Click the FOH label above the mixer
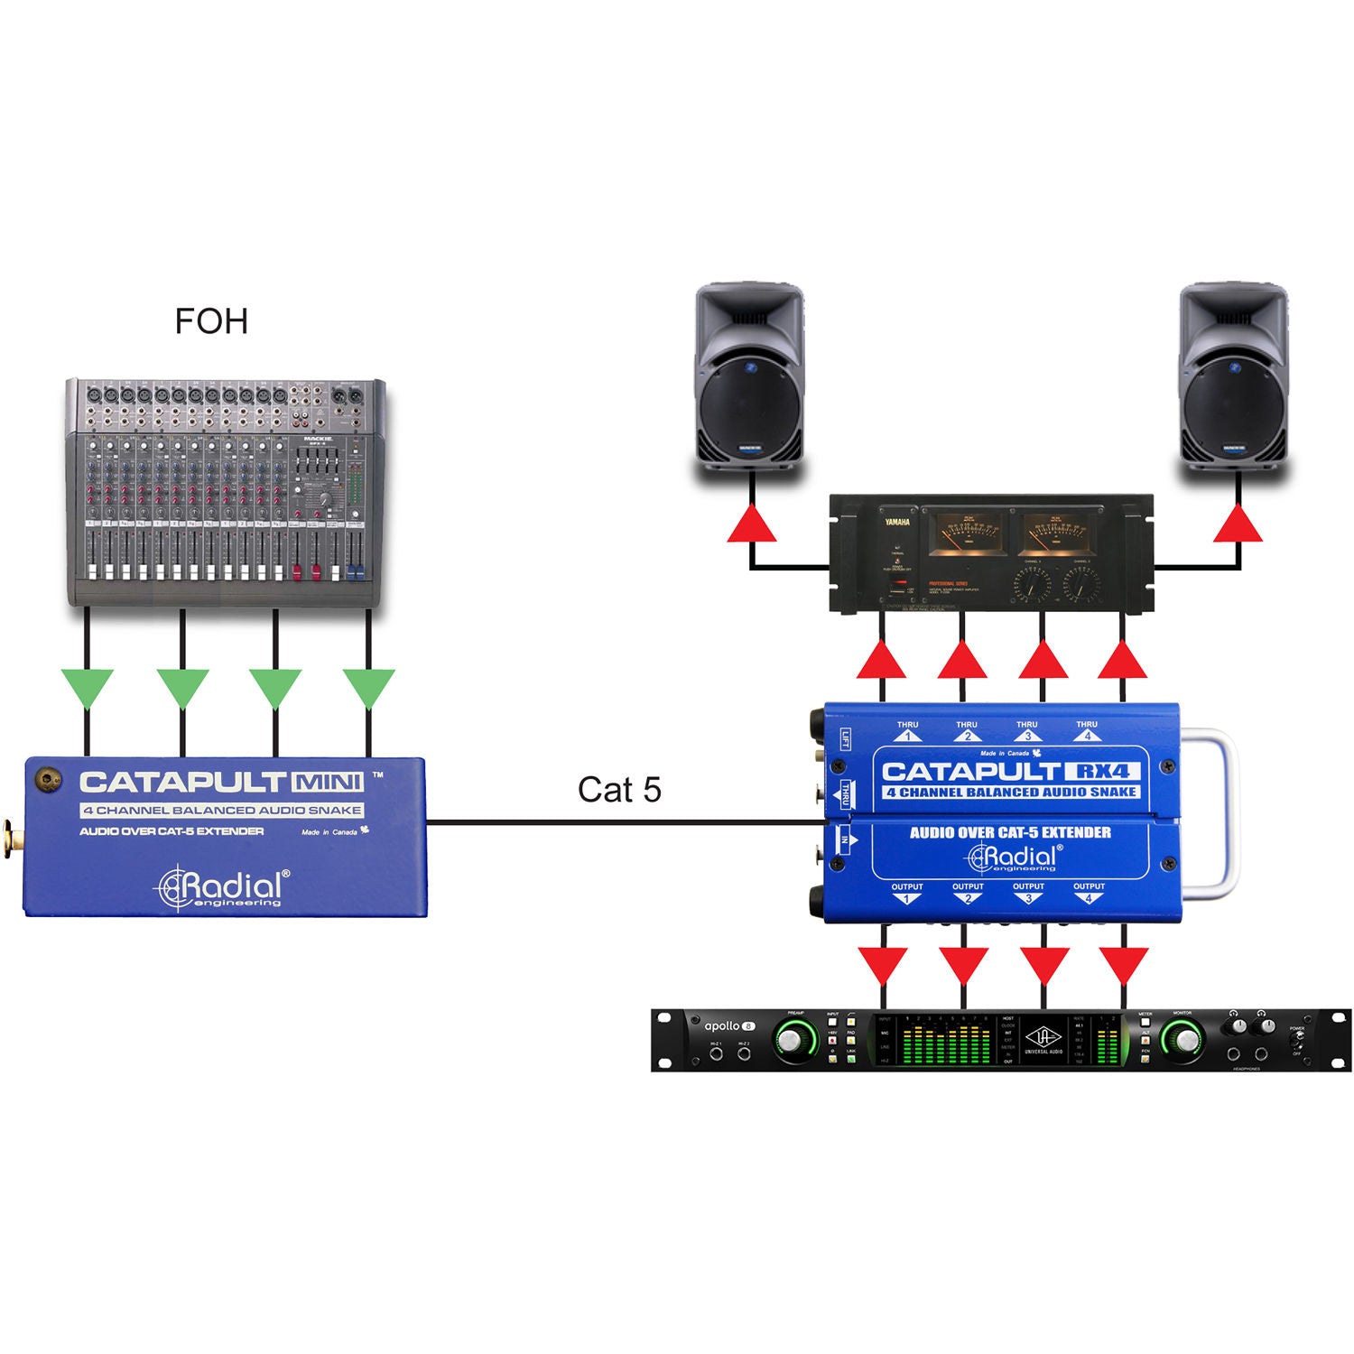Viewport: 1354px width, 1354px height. (x=211, y=321)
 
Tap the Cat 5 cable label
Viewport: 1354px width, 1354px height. (x=619, y=790)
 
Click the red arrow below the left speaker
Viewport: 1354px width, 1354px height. (x=752, y=525)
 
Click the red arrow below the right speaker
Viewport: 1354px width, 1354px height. (x=1238, y=525)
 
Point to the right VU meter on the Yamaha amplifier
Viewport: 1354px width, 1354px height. (x=1056, y=534)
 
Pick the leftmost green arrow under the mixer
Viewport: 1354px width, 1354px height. (x=87, y=688)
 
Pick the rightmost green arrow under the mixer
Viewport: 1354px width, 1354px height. (x=368, y=688)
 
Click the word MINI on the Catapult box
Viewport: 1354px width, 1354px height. (x=327, y=782)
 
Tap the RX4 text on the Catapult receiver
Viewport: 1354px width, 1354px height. (x=1103, y=771)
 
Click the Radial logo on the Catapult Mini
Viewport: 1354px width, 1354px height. (x=222, y=887)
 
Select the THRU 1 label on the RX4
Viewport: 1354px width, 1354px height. (x=907, y=730)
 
